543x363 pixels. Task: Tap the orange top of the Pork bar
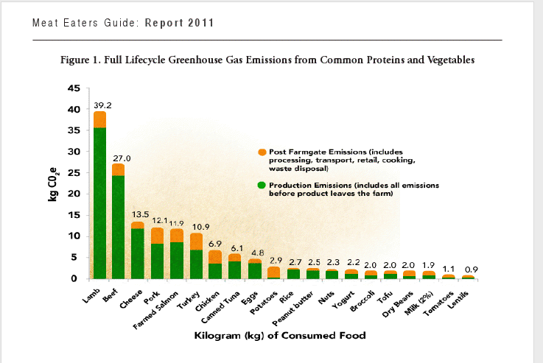click(x=156, y=236)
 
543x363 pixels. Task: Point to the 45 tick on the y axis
click(x=74, y=88)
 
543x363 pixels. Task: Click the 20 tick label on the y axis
click(x=74, y=194)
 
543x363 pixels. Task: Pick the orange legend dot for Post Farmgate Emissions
click(x=262, y=152)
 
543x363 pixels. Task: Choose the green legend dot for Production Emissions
click(x=262, y=185)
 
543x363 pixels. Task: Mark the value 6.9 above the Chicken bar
click(x=214, y=243)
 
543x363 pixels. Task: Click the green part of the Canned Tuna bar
click(x=234, y=270)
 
